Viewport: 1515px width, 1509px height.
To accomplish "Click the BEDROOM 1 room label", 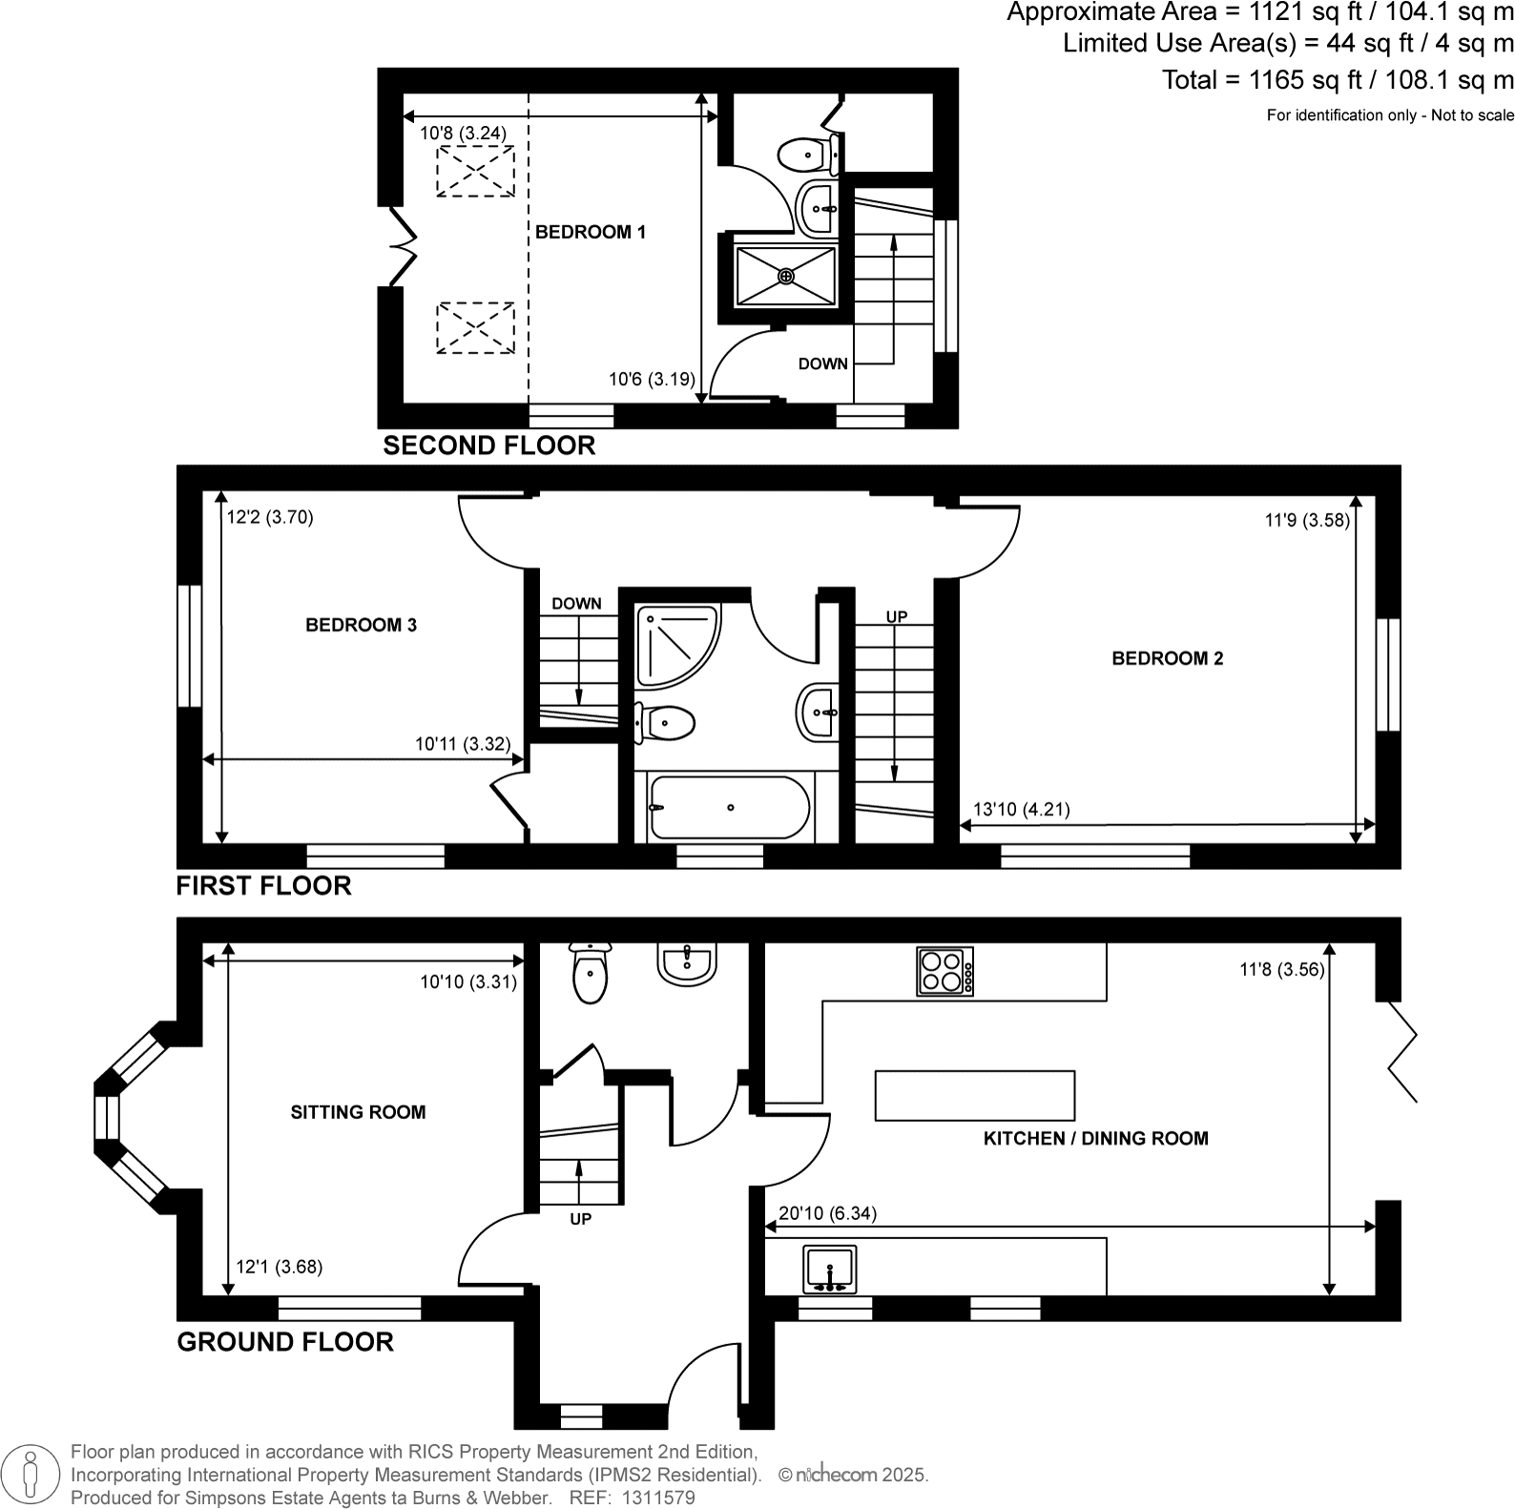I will click(x=590, y=232).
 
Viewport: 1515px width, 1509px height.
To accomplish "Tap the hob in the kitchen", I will click(x=944, y=971).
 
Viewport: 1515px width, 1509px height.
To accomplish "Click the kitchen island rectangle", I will click(x=974, y=1095).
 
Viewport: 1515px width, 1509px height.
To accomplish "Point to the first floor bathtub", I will click(x=728, y=808).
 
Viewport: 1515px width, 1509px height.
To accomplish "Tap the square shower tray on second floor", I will click(x=785, y=277).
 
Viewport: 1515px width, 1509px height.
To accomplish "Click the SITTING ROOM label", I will click(x=358, y=1112).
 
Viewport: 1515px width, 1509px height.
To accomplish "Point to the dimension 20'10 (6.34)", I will click(x=827, y=1213).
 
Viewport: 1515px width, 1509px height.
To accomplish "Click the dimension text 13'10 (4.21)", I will click(x=1021, y=810).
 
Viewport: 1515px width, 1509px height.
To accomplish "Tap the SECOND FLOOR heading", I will click(x=488, y=445).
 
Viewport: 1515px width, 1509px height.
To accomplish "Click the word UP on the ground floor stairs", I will click(x=580, y=1219).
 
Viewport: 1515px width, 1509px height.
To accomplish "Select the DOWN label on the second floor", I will click(x=822, y=363).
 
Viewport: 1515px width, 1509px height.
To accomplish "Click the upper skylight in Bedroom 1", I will click(x=475, y=172).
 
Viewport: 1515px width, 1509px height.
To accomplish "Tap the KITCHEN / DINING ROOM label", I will click(x=1095, y=1138).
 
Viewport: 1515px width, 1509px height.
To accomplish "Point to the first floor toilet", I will click(x=664, y=723).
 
